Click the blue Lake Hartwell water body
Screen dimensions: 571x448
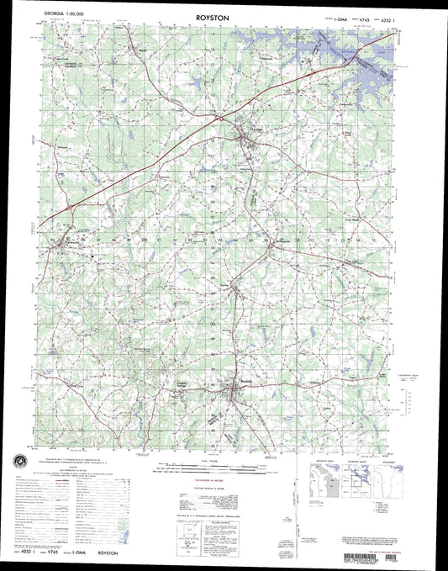[370, 76]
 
